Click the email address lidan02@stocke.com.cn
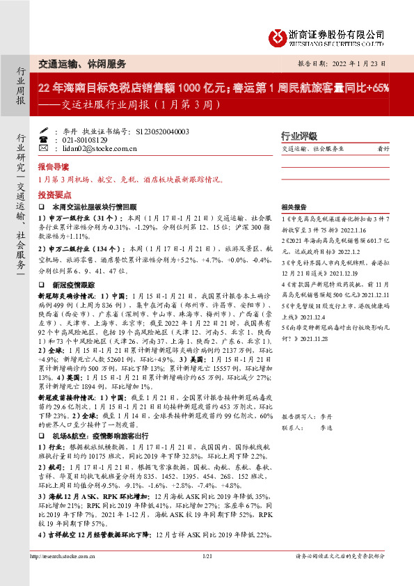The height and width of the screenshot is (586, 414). coord(95,148)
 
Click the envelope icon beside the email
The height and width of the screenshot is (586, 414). coord(44,148)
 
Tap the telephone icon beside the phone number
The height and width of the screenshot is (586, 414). coord(44,139)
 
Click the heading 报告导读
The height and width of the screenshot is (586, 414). coord(53,168)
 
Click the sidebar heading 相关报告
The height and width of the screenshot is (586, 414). coord(293,208)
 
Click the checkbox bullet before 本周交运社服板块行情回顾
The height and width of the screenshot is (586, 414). coord(42,207)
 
